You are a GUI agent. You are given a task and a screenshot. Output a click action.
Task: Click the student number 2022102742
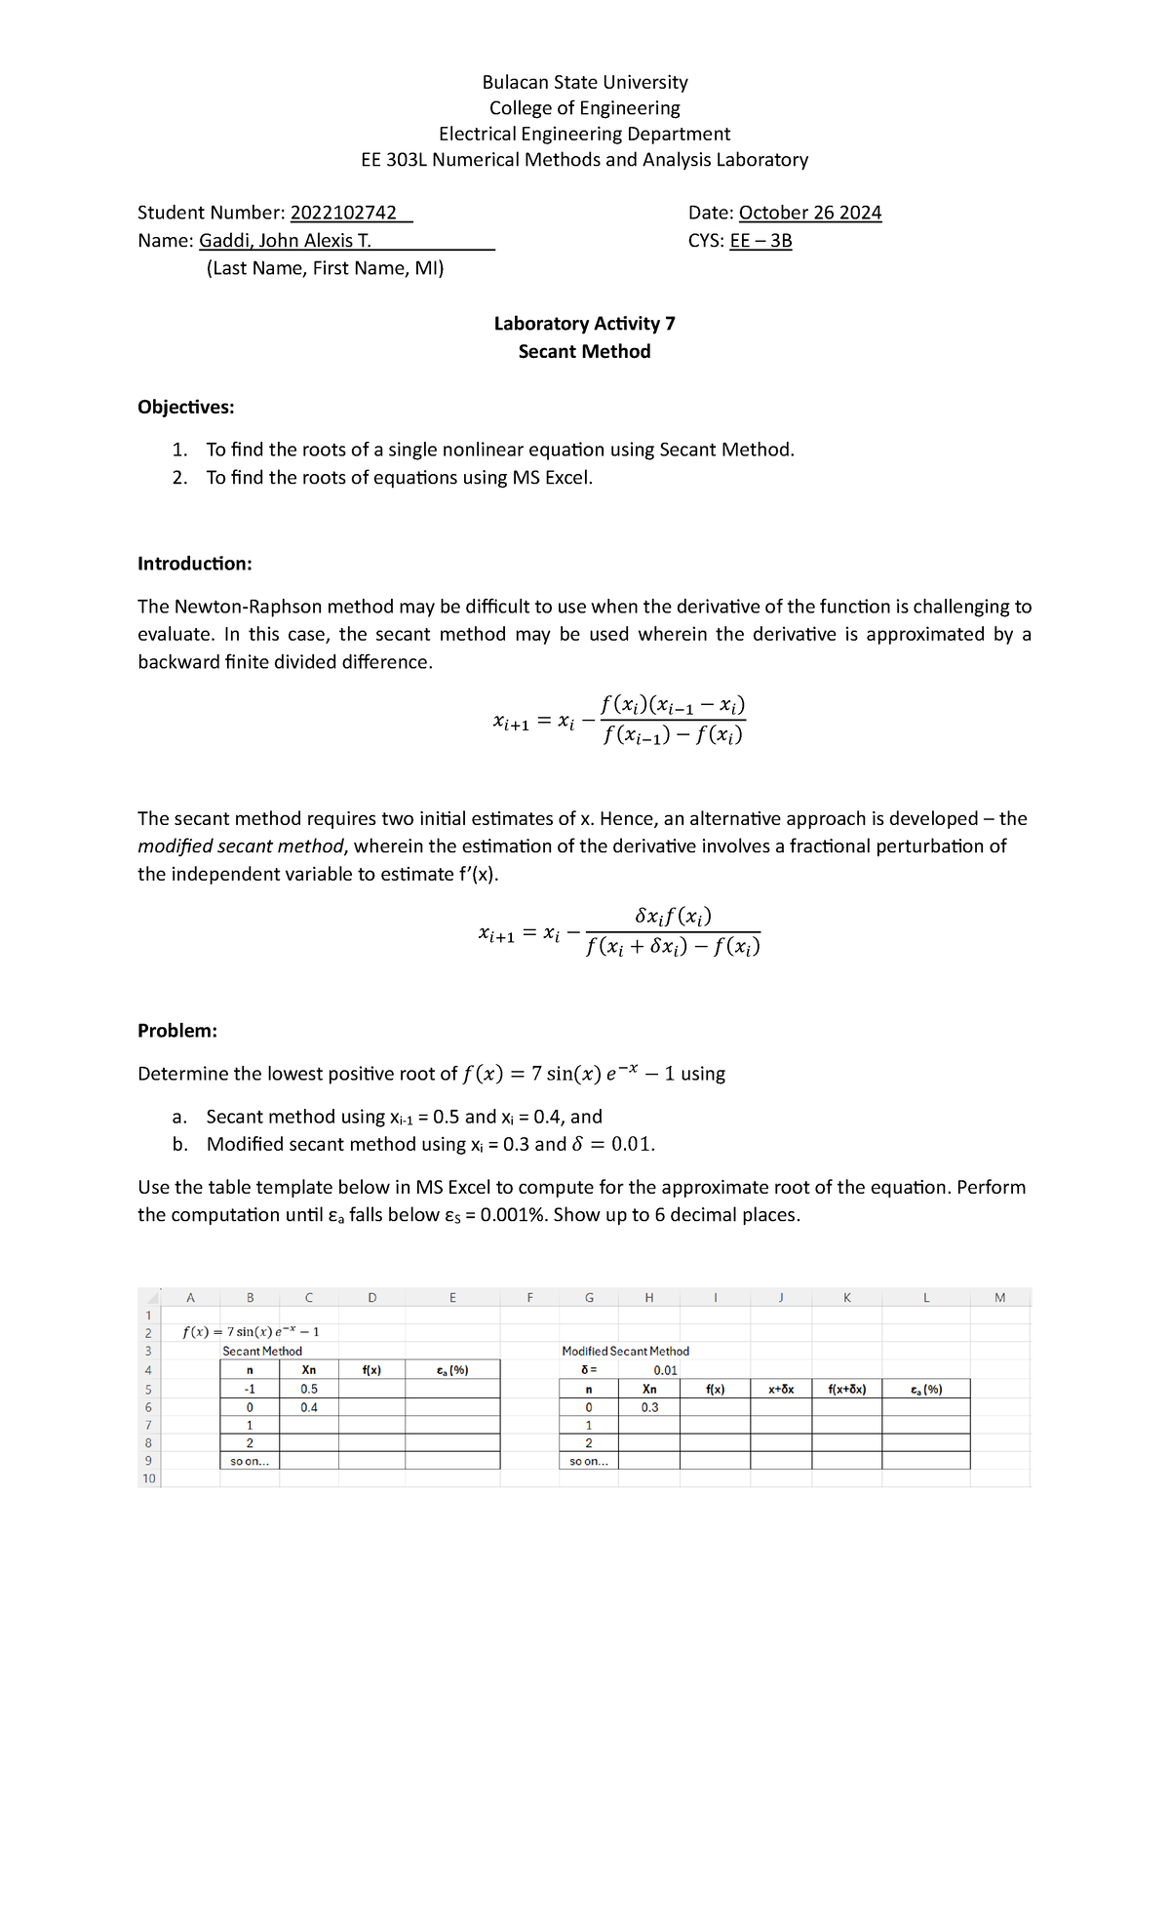343,213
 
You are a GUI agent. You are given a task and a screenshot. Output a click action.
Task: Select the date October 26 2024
809,213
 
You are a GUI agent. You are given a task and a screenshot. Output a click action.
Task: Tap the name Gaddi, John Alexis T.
285,241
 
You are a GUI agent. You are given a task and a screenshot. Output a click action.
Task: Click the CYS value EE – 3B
760,241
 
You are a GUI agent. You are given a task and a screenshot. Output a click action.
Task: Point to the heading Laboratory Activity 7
584,324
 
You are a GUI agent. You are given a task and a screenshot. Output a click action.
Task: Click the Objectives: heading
185,407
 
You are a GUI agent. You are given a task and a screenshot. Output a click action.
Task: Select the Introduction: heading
194,564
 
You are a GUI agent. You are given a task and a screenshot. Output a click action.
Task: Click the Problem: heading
176,1031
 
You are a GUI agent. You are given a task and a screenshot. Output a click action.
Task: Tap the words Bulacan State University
584,83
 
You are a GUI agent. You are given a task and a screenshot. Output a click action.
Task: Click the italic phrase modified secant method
241,846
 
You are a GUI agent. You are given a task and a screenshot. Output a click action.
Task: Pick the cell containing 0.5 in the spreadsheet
309,1389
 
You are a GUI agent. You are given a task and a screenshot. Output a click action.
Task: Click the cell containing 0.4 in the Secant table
309,1407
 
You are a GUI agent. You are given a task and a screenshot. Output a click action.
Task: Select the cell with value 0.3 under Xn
649,1407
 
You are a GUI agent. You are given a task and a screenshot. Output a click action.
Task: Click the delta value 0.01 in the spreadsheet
665,1370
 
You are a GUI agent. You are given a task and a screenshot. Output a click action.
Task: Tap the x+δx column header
781,1389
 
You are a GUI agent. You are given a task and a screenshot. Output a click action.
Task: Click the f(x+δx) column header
846,1389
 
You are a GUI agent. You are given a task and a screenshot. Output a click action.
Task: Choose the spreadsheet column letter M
999,1297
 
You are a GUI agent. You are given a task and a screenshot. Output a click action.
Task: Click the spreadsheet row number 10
148,1478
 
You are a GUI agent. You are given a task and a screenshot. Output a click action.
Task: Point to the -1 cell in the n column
250,1389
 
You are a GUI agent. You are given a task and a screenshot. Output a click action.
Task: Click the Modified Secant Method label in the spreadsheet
625,1352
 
